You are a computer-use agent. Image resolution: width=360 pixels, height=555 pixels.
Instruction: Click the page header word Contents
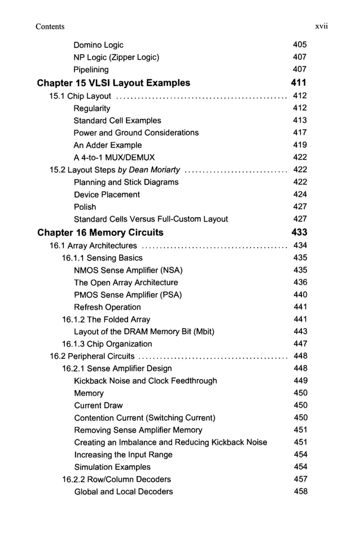50,27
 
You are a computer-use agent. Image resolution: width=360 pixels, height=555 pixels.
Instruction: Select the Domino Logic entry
98,45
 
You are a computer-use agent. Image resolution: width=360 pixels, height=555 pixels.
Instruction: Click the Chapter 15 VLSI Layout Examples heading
113,83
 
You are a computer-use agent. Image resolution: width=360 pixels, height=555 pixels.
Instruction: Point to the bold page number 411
298,83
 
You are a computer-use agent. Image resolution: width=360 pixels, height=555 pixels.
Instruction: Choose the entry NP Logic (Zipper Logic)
116,57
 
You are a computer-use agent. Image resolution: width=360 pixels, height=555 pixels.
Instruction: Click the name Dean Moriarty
154,170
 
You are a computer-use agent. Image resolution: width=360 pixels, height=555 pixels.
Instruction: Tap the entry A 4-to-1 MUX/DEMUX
114,157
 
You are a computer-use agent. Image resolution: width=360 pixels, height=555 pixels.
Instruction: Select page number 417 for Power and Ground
300,133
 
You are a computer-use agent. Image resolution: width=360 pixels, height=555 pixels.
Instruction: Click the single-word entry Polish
85,207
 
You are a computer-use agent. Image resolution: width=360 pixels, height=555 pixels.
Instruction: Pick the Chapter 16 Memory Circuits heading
100,232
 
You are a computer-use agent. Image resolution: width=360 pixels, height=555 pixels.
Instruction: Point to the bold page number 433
299,232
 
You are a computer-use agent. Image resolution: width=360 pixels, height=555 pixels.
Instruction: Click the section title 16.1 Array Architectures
93,245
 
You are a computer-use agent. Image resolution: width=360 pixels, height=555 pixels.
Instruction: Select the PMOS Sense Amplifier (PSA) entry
128,295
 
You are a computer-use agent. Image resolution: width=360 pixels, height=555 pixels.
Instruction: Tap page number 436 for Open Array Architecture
300,283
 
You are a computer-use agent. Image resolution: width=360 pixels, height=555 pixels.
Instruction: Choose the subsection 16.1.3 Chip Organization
107,344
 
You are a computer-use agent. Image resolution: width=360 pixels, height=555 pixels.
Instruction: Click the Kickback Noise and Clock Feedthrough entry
145,381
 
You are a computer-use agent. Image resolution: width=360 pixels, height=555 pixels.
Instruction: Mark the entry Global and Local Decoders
124,492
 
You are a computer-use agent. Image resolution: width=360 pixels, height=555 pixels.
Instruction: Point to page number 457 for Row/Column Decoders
300,479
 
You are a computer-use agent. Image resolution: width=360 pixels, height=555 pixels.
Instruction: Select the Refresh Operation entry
107,307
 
